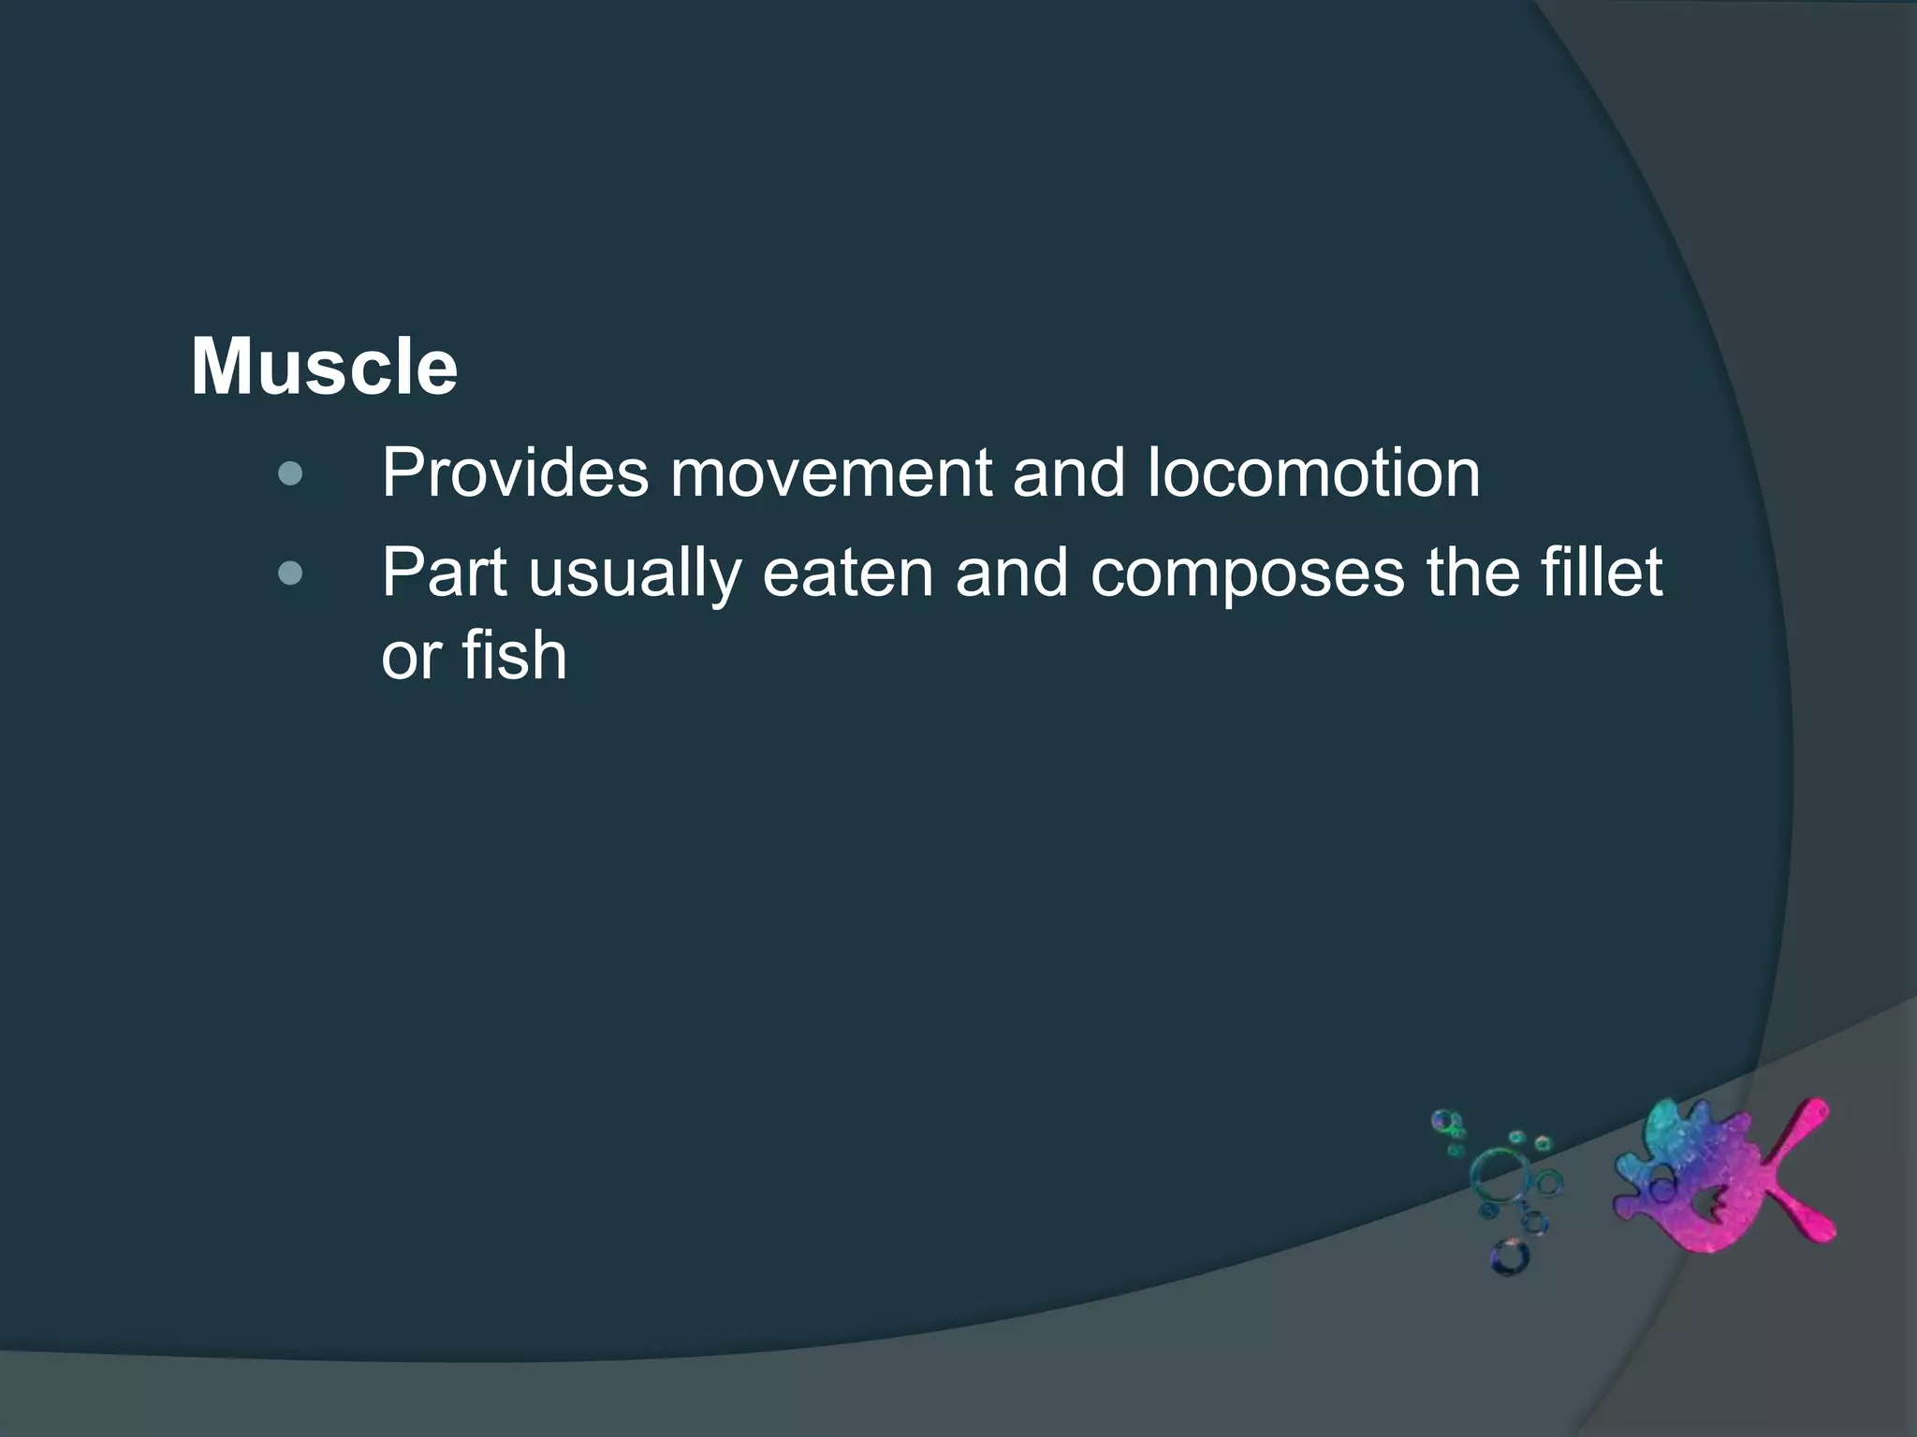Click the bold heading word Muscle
coord(324,368)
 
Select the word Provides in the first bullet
coord(515,472)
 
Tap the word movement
coord(830,472)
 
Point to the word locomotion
coord(1313,472)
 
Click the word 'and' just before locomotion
coord(1069,472)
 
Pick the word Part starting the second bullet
coord(444,572)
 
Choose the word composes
coord(1247,573)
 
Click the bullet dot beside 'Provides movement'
coord(291,473)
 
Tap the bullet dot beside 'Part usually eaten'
coord(291,573)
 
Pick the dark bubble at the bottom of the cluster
coord(1509,1258)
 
